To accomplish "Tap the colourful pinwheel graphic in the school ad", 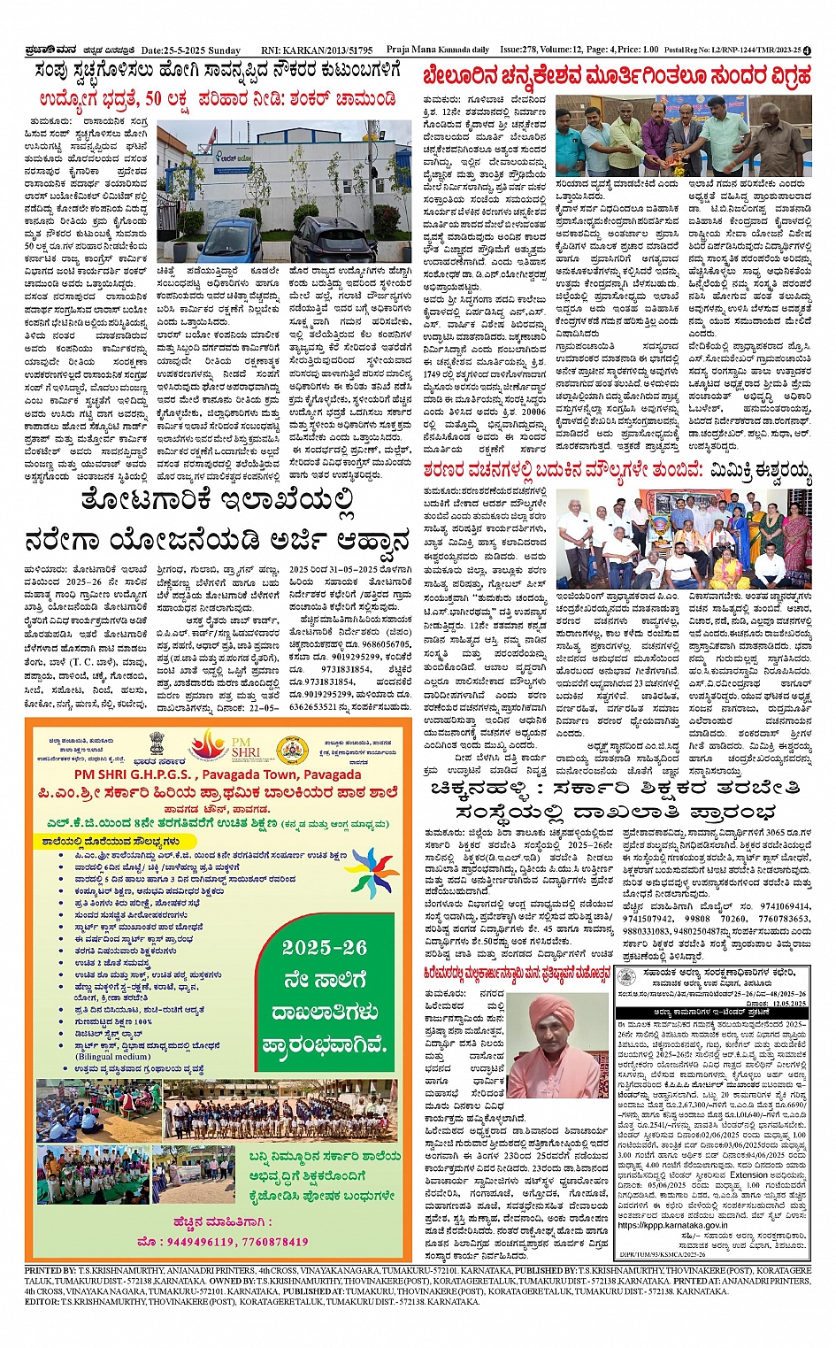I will coord(374,873).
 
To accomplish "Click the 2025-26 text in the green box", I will coord(325,948).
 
